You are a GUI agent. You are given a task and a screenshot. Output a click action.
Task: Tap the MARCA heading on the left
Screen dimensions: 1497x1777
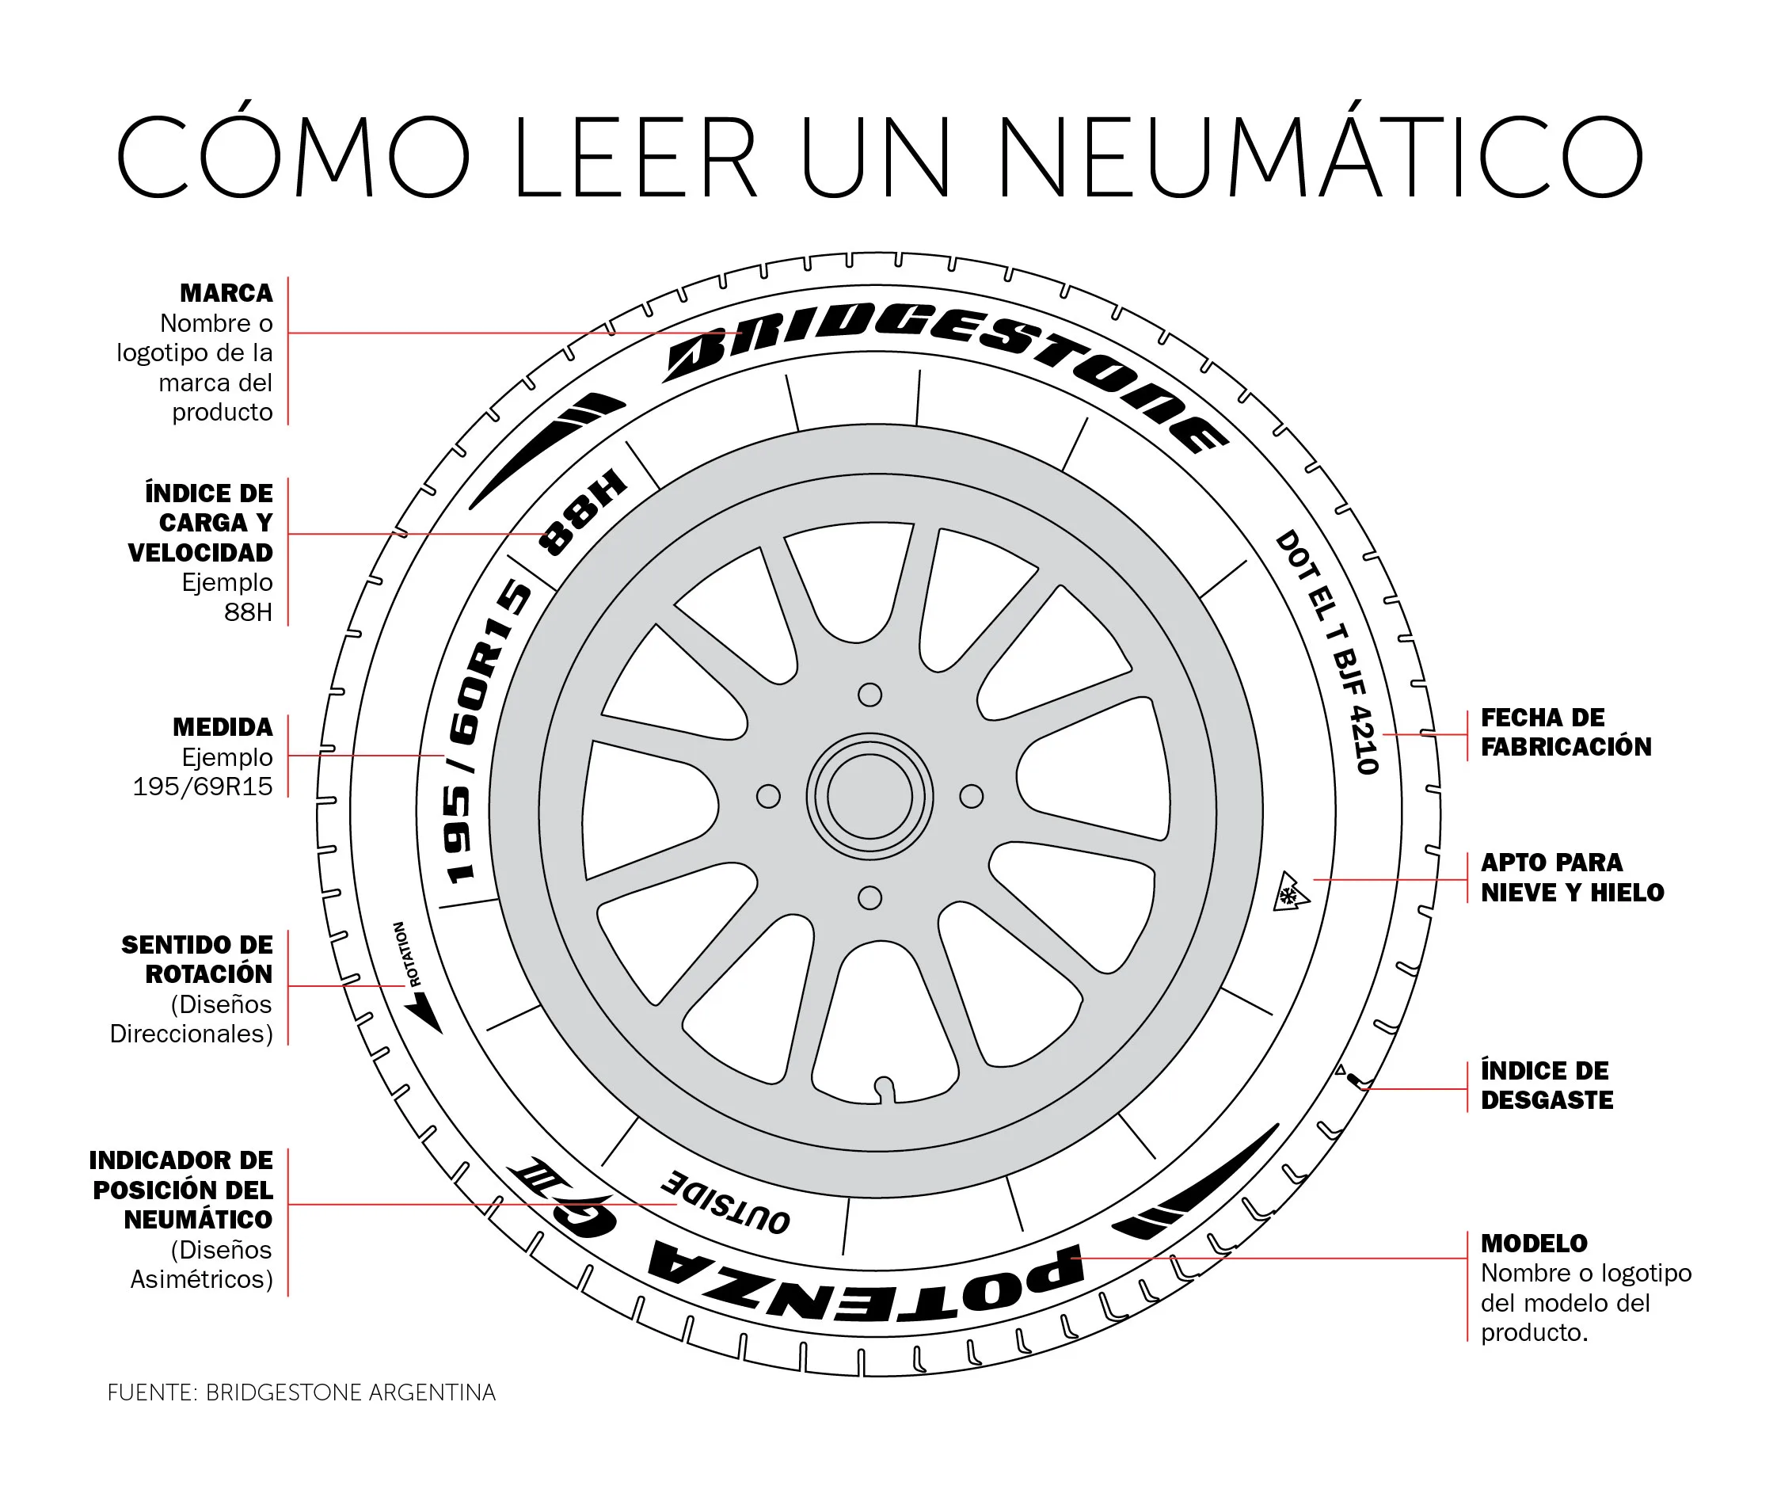click(226, 293)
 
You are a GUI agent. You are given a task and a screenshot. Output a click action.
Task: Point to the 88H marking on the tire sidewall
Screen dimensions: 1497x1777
click(584, 511)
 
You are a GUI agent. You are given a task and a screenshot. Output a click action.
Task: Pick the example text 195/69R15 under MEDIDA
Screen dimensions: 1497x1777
click(202, 787)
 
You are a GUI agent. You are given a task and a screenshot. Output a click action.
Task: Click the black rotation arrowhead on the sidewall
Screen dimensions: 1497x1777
click(426, 1015)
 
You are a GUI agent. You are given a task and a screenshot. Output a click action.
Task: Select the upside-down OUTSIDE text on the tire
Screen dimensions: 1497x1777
click(725, 1200)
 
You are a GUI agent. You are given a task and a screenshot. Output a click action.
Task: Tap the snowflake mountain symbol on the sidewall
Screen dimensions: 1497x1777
click(1290, 893)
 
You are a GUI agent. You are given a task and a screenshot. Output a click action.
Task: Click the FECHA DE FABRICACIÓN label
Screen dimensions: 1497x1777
click(1566, 733)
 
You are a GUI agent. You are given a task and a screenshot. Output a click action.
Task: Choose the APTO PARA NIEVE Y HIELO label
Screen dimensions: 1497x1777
click(1572, 878)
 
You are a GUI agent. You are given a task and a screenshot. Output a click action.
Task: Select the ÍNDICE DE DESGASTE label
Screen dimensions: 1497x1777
click(1547, 1085)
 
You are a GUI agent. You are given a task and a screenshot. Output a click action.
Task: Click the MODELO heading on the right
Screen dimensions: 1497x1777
click(1533, 1244)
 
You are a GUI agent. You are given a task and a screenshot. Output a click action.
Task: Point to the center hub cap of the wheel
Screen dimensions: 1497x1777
click(869, 797)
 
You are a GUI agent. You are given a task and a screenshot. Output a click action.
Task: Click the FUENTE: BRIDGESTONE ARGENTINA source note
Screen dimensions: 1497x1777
click(301, 1392)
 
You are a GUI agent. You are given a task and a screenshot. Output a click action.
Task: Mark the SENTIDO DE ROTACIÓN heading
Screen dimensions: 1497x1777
click(197, 959)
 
